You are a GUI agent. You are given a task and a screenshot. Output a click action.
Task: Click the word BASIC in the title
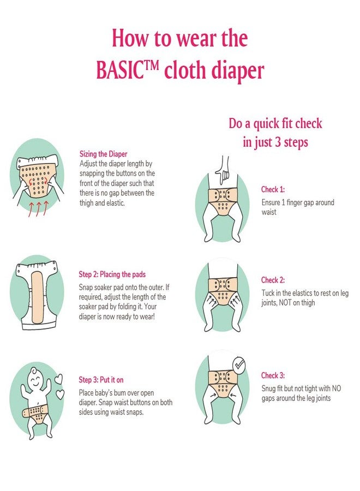click(x=121, y=70)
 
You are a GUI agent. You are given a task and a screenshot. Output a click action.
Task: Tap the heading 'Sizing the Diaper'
click(x=103, y=154)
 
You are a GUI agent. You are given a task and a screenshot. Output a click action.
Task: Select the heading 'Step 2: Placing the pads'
click(x=112, y=274)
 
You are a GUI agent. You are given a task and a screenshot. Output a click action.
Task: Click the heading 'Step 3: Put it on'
click(x=105, y=380)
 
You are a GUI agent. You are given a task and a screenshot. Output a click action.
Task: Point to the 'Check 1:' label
click(x=273, y=190)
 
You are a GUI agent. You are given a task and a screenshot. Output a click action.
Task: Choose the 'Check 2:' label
click(x=273, y=280)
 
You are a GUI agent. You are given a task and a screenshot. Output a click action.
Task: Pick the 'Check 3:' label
click(x=273, y=375)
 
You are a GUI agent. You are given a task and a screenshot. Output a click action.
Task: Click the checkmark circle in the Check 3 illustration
click(x=238, y=365)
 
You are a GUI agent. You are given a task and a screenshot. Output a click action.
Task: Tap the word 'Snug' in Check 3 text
click(x=269, y=388)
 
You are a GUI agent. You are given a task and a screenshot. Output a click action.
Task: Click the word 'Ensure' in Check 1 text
click(x=272, y=202)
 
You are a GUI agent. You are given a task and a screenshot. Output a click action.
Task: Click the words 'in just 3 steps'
click(x=275, y=142)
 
